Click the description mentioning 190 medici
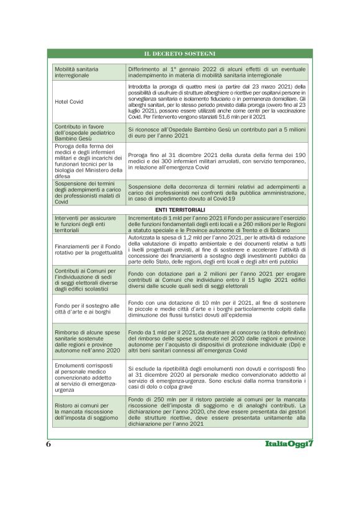217,160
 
